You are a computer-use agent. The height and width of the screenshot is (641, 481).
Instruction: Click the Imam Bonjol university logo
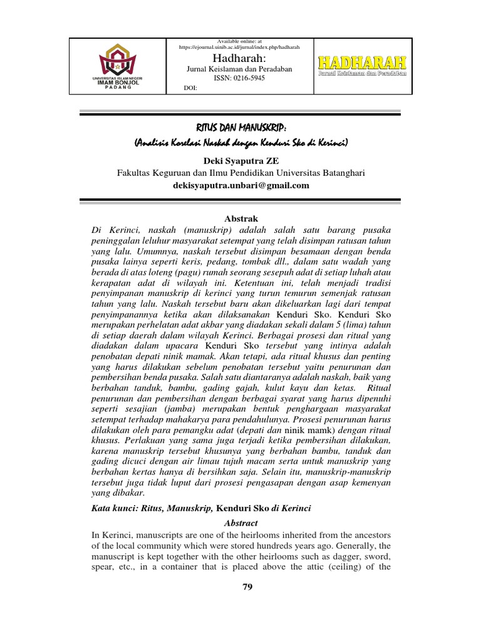click(122, 64)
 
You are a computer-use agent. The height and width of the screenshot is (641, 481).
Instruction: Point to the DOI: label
click(190, 88)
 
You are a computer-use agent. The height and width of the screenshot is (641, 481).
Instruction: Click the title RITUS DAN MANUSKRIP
click(240, 128)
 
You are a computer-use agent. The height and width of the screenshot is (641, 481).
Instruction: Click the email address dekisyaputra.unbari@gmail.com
click(240, 185)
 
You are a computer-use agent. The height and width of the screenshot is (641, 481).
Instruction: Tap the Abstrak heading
click(240, 218)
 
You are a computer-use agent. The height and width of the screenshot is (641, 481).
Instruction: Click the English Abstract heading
click(240, 523)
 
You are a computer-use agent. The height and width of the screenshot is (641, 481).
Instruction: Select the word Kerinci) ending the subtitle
click(332, 143)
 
